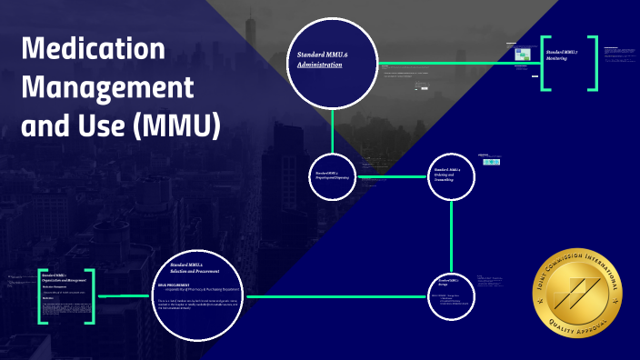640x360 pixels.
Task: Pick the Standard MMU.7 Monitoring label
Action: [562, 57]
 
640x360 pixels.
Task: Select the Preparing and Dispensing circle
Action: [334, 175]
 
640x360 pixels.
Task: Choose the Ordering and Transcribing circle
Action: [452, 175]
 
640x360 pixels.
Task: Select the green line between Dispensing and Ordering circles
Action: [393, 175]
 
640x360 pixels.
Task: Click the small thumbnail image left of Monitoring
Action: [522, 54]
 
